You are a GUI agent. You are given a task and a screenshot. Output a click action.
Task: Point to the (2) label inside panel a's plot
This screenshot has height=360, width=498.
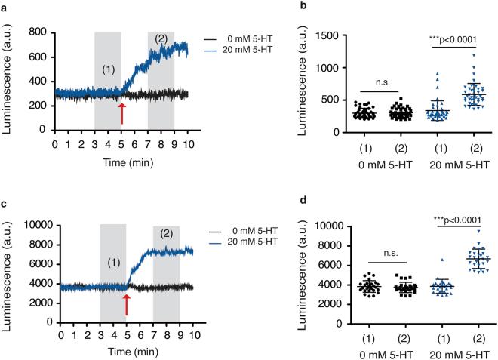[x=161, y=38]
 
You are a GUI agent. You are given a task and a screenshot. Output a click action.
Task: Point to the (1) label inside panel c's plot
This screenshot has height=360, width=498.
[x=113, y=266]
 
